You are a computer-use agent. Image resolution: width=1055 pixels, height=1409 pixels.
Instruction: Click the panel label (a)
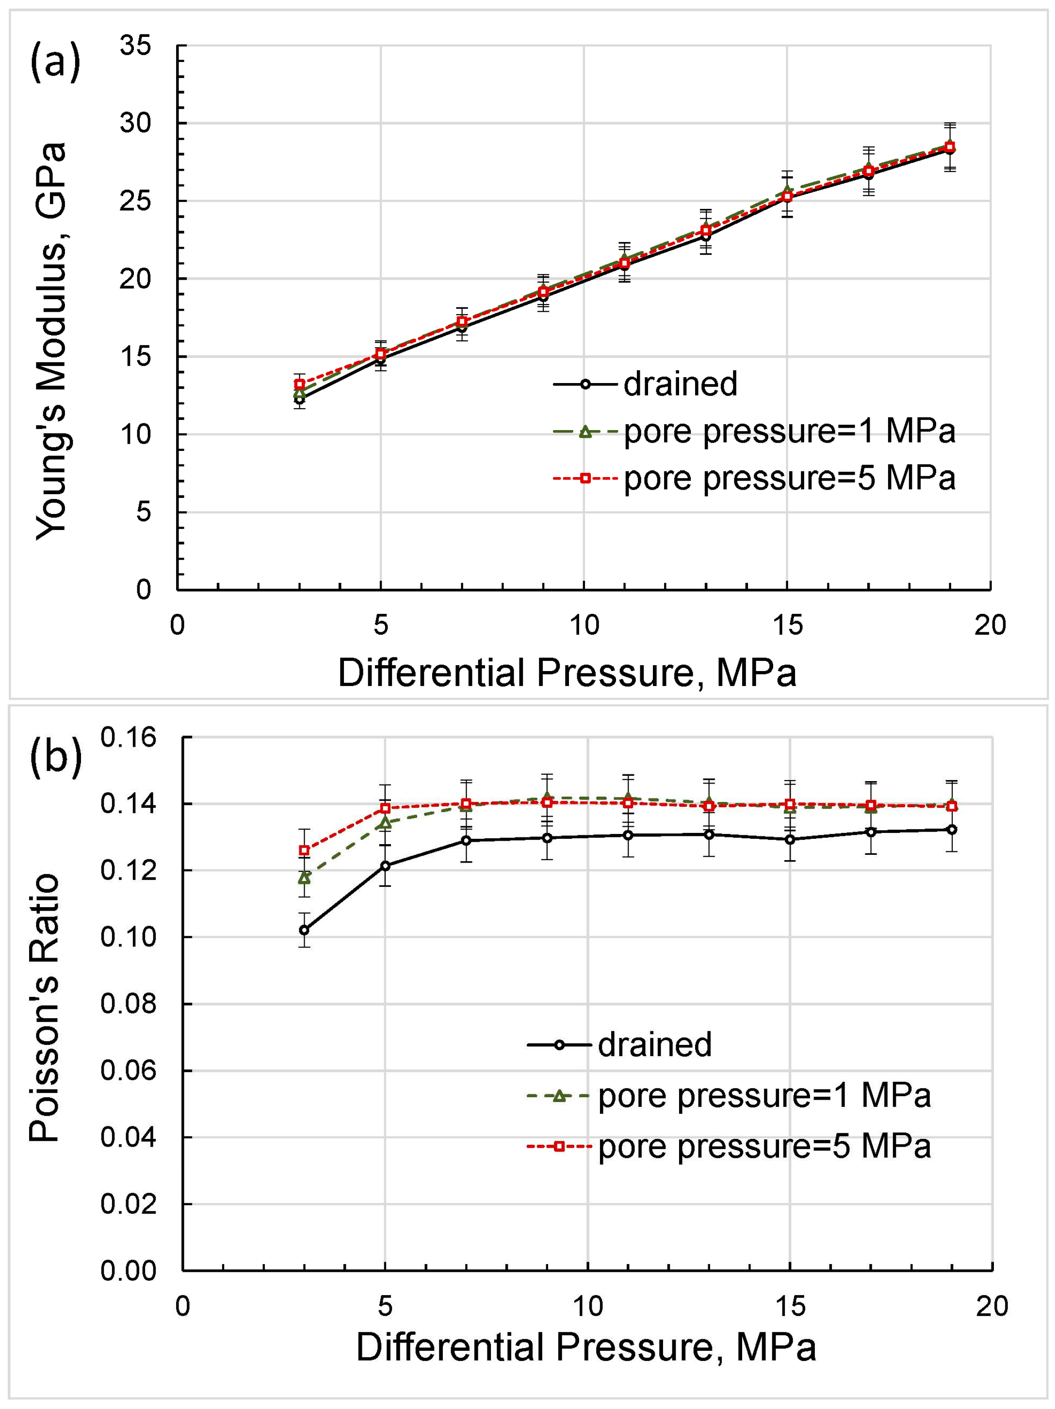tap(55, 61)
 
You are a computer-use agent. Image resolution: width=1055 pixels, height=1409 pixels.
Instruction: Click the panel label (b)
tap(56, 755)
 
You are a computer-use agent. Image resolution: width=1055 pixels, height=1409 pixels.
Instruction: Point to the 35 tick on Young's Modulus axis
tap(135, 46)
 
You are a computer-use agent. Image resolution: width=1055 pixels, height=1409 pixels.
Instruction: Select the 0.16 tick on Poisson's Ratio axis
tap(128, 737)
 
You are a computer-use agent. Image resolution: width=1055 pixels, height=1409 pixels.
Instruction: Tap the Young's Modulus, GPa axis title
tap(51, 341)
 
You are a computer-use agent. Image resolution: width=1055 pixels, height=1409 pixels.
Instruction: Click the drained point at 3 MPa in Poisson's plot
tap(305, 930)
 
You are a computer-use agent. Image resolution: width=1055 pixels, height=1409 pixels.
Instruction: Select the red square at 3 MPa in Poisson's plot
tap(305, 850)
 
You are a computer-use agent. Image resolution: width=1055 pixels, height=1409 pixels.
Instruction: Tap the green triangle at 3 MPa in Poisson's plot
tap(305, 878)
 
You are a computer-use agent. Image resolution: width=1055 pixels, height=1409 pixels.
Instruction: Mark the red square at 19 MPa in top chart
tap(950, 147)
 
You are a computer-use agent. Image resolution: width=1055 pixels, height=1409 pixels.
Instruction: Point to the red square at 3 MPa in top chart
tap(299, 384)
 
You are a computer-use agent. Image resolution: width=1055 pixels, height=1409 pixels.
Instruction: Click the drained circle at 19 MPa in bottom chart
tap(952, 829)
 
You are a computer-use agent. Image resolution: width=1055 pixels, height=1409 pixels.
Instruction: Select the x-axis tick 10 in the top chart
tap(584, 625)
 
